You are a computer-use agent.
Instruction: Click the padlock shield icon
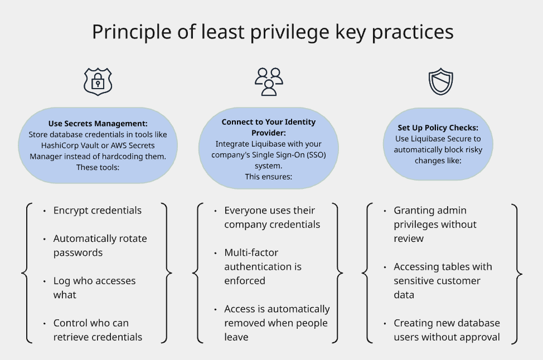tap(98, 82)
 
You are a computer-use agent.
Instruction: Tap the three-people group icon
tap(269, 81)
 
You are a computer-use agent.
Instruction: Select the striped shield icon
tap(440, 82)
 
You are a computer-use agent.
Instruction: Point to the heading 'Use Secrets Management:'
tap(98, 124)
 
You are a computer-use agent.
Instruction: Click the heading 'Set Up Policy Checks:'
tap(438, 128)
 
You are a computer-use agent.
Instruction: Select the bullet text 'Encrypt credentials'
tap(97, 210)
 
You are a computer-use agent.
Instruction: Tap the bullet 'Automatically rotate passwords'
tap(100, 245)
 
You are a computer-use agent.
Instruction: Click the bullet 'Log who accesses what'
tap(94, 288)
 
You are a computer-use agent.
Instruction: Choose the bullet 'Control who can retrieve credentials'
tap(98, 330)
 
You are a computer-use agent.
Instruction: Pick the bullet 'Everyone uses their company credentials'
tap(271, 217)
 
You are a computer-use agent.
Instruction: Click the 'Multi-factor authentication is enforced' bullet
tap(263, 266)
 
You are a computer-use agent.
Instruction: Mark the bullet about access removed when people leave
tap(277, 323)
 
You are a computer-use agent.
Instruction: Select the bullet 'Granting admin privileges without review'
tap(435, 224)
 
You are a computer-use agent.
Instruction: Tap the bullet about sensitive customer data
tap(442, 280)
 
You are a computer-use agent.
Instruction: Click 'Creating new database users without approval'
tap(447, 330)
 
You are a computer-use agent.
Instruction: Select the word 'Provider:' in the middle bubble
tap(269, 133)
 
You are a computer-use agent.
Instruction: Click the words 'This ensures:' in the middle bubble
tap(269, 176)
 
